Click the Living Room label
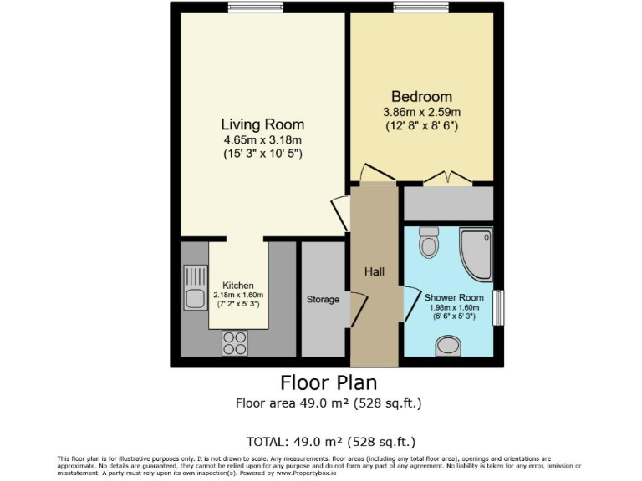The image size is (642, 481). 262,125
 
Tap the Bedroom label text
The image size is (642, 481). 422,97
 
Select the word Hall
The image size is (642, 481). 374,271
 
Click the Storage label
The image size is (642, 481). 323,299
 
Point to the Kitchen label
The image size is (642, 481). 238,285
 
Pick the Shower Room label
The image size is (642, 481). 454,297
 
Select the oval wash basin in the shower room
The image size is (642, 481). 448,345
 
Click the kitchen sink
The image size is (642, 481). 196,287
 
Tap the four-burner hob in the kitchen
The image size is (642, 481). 235,343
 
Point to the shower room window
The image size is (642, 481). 498,308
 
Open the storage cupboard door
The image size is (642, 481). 357,310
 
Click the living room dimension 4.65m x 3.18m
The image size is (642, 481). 262,140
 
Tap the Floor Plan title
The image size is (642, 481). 329,383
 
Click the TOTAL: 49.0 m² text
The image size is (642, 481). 330,441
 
